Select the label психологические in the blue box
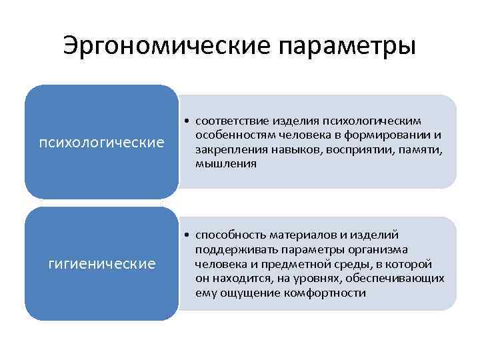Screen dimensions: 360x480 point(102,142)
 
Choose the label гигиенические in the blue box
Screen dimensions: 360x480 point(102,264)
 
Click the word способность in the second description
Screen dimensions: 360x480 point(228,235)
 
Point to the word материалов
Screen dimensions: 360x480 point(301,235)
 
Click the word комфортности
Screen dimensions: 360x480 point(329,293)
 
